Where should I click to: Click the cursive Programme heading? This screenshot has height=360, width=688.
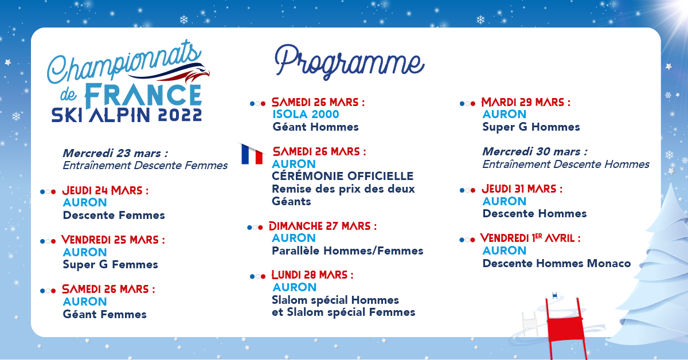click(x=349, y=62)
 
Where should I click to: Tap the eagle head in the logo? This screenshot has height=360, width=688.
click(x=197, y=75)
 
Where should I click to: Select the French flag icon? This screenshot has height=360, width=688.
click(x=252, y=154)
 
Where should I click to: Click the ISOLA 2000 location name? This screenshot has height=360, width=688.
click(x=306, y=114)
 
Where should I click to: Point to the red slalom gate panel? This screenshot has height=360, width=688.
click(x=565, y=328)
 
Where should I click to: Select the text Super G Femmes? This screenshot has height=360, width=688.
click(x=110, y=265)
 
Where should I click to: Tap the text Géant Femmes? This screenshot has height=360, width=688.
click(x=105, y=314)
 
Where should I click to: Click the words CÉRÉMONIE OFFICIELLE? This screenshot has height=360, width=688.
click(x=343, y=176)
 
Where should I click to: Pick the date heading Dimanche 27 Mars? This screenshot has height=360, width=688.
click(x=323, y=226)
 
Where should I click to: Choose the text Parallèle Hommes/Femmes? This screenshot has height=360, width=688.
click(x=347, y=251)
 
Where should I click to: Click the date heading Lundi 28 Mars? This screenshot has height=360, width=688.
click(x=312, y=275)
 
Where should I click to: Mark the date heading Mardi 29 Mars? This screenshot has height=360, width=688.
click(x=526, y=102)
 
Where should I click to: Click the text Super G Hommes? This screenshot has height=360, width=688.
click(x=531, y=127)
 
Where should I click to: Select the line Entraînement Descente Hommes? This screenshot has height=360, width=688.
click(x=566, y=165)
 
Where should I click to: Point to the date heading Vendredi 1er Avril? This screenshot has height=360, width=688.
click(x=530, y=238)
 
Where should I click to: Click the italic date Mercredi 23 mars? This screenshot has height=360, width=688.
click(x=115, y=153)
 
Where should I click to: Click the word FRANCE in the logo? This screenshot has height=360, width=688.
click(x=143, y=95)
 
